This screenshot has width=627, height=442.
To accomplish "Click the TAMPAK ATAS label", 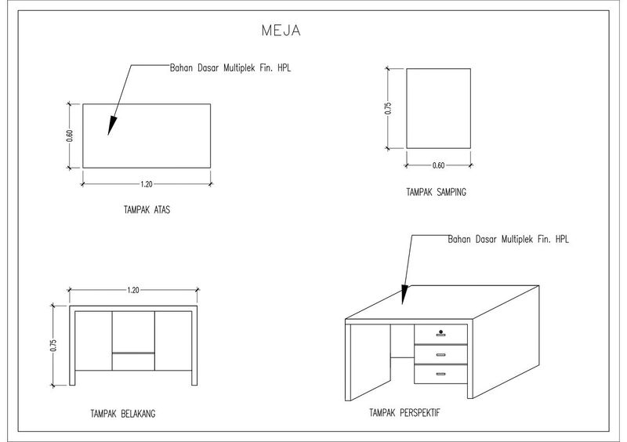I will click(147, 210).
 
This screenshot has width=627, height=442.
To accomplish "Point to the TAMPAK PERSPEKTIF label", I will click(404, 411).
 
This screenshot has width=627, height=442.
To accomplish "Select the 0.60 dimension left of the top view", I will click(69, 136).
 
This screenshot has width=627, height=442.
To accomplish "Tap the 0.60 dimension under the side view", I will click(438, 165).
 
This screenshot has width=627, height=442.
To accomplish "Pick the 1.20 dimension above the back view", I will click(132, 290).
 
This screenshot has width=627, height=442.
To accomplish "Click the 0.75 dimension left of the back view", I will click(53, 346).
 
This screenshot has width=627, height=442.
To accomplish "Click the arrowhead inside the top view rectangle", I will click(112, 125).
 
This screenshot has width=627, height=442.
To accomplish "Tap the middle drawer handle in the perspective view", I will click(441, 355).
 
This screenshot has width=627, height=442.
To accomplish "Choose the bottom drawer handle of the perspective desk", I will click(441, 374).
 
